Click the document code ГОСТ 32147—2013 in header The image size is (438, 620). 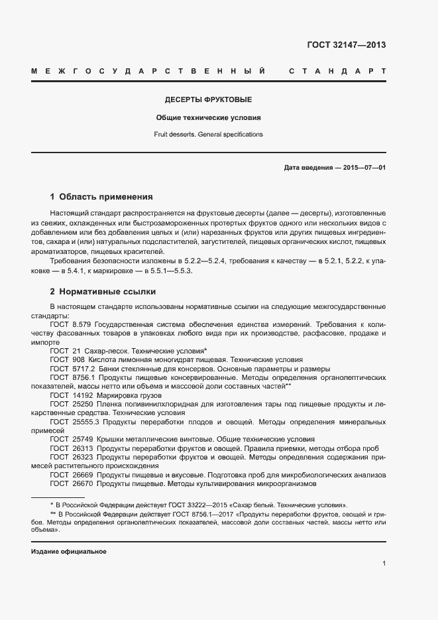click(x=346, y=46)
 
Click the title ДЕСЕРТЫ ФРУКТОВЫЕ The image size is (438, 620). click(x=208, y=100)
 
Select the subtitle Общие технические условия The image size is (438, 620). click(x=208, y=117)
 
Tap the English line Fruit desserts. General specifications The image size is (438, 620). click(x=208, y=134)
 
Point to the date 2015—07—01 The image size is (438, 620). click(x=364, y=168)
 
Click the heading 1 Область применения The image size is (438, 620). click(x=101, y=197)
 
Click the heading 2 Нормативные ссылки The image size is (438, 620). click(x=103, y=292)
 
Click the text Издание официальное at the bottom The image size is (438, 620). click(x=69, y=552)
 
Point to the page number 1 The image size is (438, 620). click(x=384, y=564)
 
